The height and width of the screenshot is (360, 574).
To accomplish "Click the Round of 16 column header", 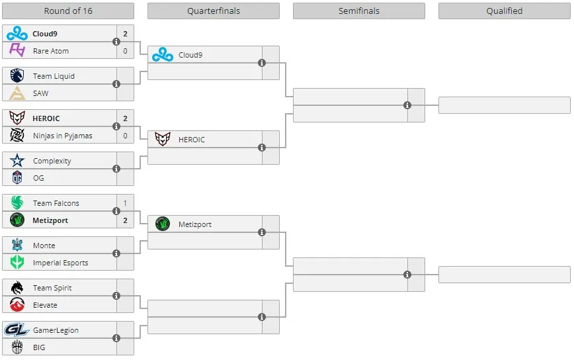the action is coord(68,11).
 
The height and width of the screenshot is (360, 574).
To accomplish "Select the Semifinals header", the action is coord(358,11).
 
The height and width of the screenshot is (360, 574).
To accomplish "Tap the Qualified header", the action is coord(504,11).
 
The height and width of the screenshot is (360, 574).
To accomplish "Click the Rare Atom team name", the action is coord(51,51).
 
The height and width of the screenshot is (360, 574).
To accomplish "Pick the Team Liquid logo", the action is coord(17,76).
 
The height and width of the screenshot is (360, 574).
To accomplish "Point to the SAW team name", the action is coord(40,93).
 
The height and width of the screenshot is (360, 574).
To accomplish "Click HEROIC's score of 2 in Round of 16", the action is coord(125,118).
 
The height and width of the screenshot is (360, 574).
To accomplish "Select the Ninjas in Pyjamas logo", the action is coord(17,136).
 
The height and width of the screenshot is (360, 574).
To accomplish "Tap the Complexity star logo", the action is coord(17,160).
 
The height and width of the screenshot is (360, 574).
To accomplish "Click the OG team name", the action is coord(38,178).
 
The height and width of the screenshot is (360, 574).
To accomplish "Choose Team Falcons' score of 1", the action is coord(125,203).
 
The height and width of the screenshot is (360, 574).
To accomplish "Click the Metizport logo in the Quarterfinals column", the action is coord(163,224).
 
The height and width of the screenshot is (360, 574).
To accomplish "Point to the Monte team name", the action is coord(44,246).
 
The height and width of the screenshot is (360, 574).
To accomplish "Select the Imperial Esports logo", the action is coord(17,263).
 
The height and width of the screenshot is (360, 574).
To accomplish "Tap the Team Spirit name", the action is coord(52,288).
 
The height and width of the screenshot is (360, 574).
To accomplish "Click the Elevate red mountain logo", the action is coord(17,304).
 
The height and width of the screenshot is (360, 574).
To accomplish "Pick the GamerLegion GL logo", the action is coord(17,330).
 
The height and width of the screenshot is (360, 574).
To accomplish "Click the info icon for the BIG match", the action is coord(116,338).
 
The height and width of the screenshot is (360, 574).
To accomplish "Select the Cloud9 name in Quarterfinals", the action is coord(190,55).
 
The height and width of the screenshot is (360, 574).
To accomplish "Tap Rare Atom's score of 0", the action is coord(125,51).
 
